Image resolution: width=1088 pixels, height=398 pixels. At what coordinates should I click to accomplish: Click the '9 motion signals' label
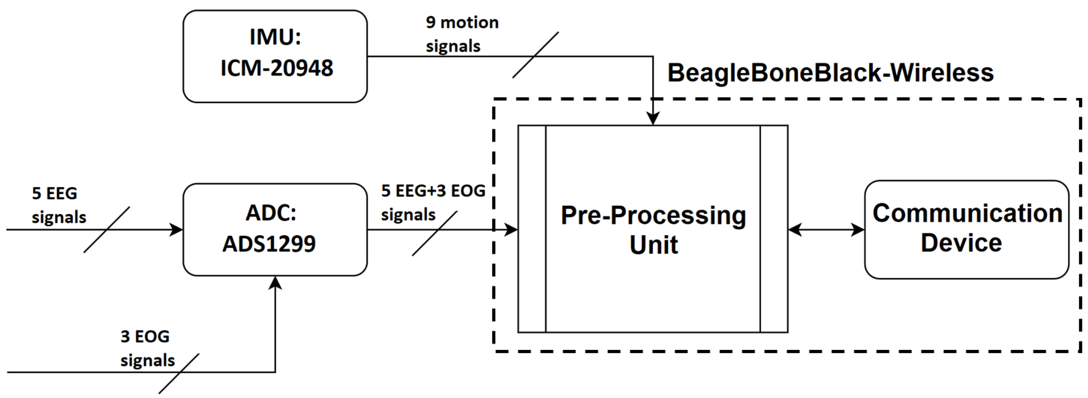coord(462,34)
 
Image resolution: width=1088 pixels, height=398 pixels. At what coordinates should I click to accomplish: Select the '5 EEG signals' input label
coord(58,205)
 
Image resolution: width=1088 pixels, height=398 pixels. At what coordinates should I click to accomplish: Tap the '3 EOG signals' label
coord(147,348)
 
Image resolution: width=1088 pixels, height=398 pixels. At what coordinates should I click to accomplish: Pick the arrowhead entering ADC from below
coord(275,283)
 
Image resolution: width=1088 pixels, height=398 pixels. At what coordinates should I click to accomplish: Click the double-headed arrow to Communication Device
coord(826,230)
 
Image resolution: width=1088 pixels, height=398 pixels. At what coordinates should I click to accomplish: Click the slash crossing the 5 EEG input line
coord(106,230)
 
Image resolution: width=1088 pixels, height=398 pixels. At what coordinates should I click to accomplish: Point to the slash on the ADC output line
coord(434,233)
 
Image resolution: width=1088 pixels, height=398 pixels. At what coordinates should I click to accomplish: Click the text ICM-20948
coord(277,68)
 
